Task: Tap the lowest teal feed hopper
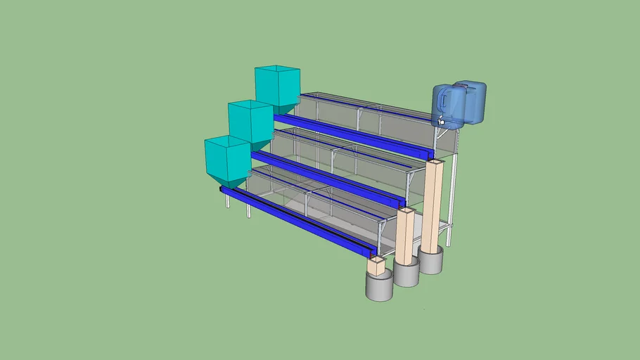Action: [227, 158]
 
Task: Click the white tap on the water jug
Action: [441, 123]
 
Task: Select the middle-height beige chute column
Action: [406, 236]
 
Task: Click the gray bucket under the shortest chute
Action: [378, 286]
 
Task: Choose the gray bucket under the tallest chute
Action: [430, 261]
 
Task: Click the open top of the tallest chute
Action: [435, 162]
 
